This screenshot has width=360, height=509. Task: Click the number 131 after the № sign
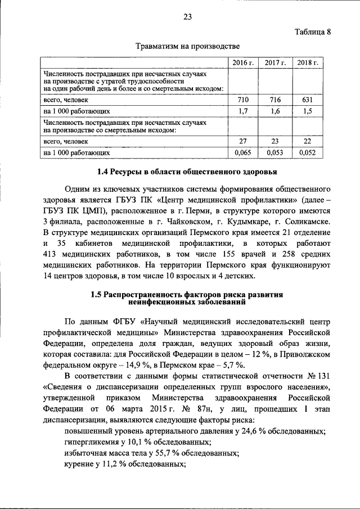[323, 376]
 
